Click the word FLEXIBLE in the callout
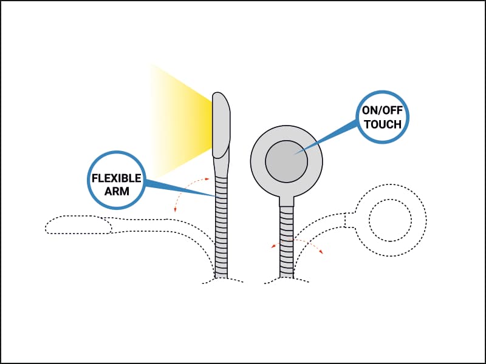pos(117,178)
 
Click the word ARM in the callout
pos(117,191)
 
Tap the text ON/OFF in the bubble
pos(383,111)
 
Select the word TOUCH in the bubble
pos(383,124)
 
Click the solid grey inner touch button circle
pos(286,161)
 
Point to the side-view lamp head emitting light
pos(221,125)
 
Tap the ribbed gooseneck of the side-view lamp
pos(221,227)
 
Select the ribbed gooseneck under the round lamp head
pos(286,242)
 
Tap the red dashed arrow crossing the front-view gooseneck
pos(297,240)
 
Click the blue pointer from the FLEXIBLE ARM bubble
pos(180,188)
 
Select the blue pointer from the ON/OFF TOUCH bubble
pos(326,138)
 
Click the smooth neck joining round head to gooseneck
pos(286,201)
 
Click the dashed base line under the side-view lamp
pos(222,280)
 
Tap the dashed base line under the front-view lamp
pos(286,280)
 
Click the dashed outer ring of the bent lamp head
pos(390,185)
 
